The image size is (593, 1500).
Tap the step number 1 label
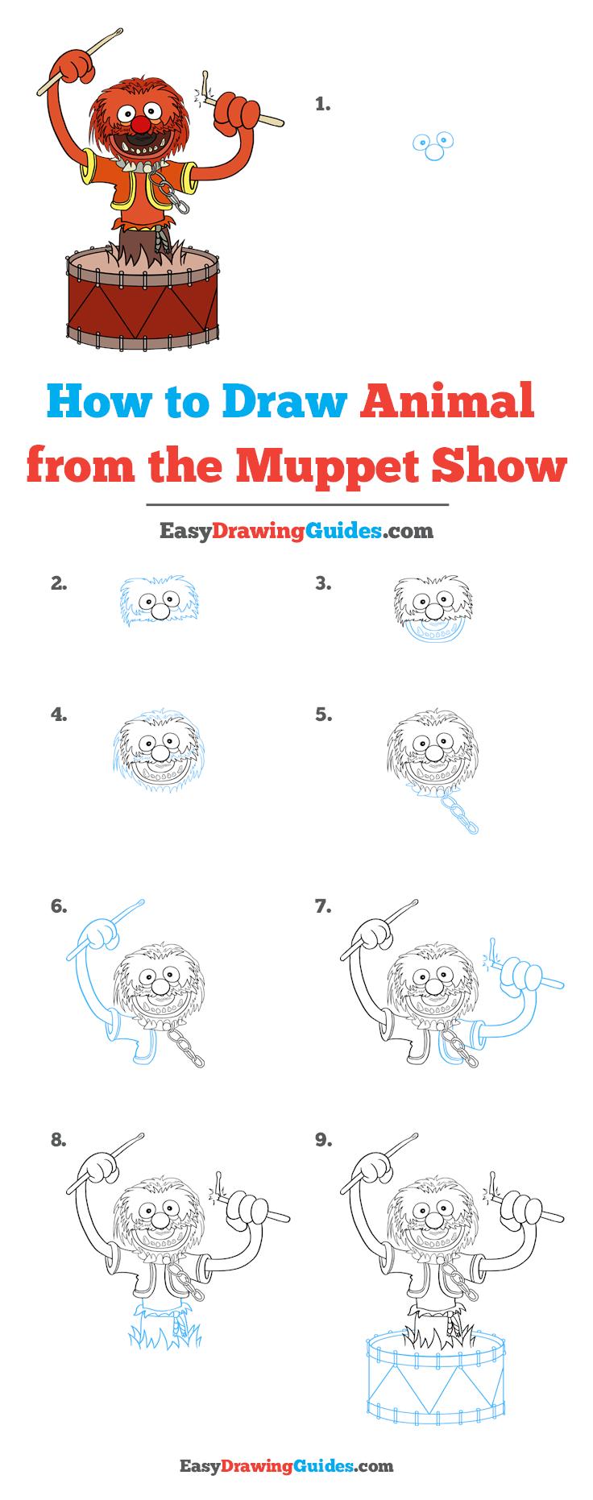pos(323,104)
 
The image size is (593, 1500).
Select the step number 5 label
pos(323,715)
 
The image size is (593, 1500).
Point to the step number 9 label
pos(323,1140)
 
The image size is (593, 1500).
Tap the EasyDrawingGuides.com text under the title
pos(296,530)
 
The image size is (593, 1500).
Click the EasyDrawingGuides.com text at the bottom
pos(296,1465)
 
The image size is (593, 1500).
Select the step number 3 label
pos(323,585)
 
